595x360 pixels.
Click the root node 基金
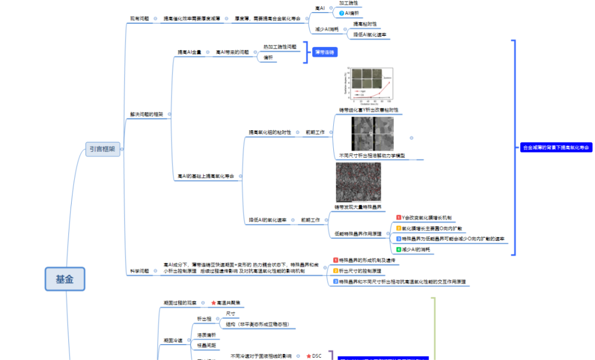64,279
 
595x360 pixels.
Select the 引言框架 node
103,149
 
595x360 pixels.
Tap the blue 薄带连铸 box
324,52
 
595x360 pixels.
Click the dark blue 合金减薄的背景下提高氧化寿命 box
556,148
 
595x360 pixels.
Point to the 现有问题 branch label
139,19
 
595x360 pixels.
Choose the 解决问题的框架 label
146,115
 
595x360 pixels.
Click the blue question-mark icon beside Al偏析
342,13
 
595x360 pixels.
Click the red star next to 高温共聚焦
213,303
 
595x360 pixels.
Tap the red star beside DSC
309,356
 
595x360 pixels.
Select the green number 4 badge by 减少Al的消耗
398,250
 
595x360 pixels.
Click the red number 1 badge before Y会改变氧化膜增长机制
398,218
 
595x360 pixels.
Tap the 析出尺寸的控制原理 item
360,271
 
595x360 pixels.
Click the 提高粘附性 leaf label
365,24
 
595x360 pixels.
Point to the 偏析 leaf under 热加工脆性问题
268,57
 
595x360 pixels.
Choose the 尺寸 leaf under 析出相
230,313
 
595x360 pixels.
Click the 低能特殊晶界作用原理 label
358,234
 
